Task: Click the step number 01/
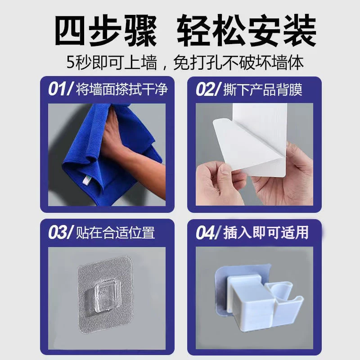60,89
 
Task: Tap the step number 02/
208,89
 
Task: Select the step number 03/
61,232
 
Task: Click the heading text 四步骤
106,30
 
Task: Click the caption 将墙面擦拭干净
122,89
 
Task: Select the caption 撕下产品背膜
263,89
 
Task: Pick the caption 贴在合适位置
115,233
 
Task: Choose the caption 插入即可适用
266,233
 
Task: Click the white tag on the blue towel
86,180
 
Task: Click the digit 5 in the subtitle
70,62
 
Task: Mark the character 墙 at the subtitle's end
279,62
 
